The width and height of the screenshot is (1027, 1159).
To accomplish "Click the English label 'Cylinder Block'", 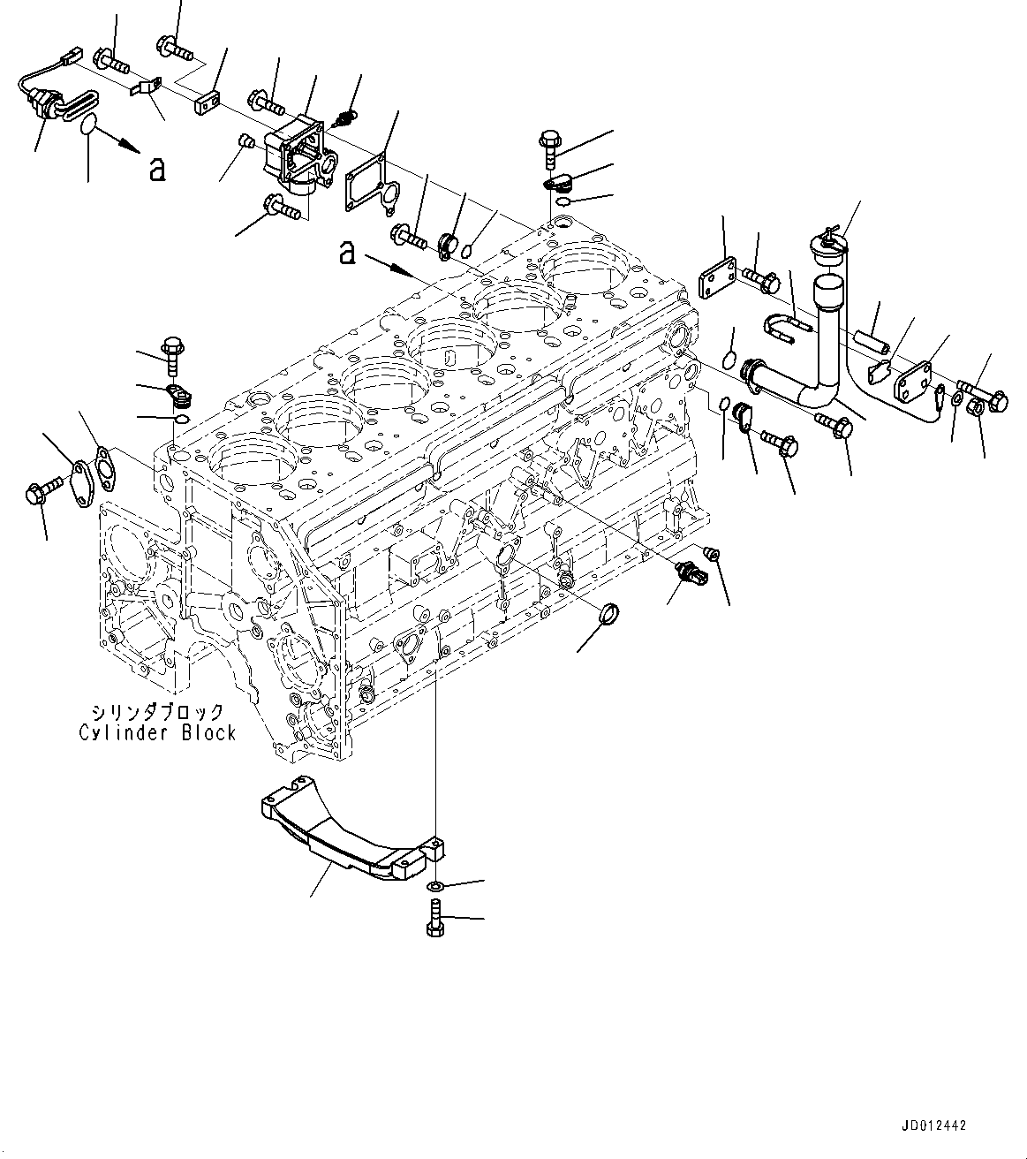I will point(157,732).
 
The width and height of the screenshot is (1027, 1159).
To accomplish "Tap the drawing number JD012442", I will point(935,1126).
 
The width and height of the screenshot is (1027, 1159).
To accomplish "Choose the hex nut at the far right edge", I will point(978,408).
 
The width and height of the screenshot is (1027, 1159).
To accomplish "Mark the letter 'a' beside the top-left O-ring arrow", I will point(156,169).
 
